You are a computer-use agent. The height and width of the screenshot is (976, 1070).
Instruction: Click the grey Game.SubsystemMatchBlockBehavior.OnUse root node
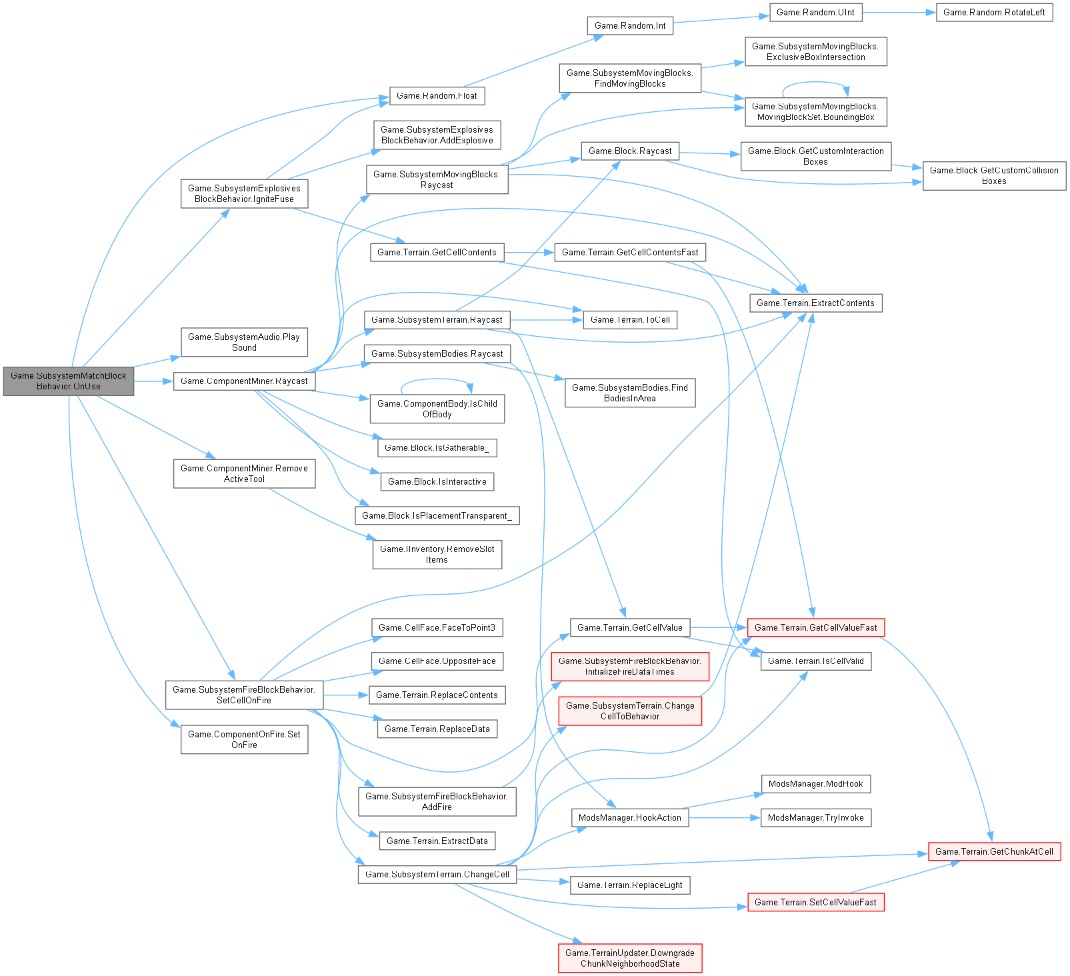69,381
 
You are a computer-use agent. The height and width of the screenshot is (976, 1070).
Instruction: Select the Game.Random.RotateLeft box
994,13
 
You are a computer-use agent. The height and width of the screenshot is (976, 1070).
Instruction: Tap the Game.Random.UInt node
815,13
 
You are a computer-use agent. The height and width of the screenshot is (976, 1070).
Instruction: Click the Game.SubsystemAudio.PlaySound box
244,342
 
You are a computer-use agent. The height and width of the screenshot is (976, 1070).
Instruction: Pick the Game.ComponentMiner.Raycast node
244,381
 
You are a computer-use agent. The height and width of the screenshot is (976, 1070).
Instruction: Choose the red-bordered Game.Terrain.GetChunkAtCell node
994,851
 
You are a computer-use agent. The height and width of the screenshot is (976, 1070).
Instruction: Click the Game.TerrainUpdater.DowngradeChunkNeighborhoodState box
630,958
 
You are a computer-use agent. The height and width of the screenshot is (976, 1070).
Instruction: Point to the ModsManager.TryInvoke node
815,817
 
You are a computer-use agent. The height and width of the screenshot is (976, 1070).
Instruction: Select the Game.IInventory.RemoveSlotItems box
437,554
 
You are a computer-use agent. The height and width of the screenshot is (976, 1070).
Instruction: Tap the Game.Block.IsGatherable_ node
437,447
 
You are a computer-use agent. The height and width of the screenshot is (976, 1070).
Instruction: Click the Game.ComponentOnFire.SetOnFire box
244,739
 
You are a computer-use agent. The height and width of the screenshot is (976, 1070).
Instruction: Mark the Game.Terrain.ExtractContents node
815,303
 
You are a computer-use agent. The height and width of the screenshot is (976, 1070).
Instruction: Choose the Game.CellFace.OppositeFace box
437,661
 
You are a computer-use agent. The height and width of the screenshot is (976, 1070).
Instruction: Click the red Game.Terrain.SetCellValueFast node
815,902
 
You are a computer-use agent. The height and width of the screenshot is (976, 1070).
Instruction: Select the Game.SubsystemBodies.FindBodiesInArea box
630,393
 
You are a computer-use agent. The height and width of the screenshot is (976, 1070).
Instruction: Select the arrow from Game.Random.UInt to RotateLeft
899,13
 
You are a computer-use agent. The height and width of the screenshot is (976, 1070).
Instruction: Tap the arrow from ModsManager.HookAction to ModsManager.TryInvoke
724,817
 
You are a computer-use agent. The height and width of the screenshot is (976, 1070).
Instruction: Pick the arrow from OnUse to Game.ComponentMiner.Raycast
153,381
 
